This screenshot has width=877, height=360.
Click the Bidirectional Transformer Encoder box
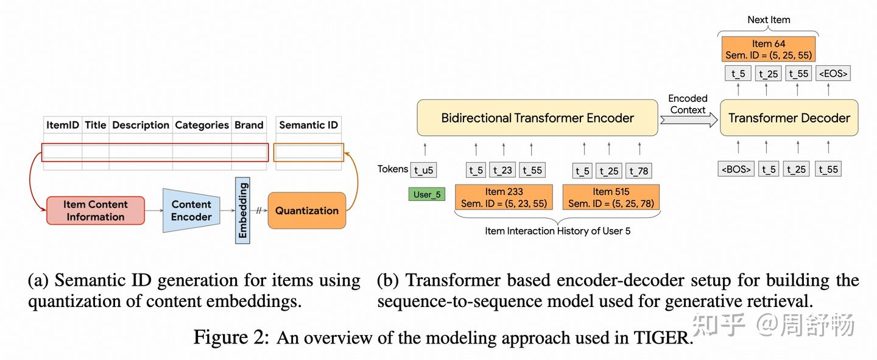click(x=537, y=118)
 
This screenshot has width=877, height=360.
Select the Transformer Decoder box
click(x=789, y=118)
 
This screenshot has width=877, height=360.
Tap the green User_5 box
click(x=426, y=195)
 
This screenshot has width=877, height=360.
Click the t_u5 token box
click(x=424, y=170)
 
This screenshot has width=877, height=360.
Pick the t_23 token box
click(x=503, y=171)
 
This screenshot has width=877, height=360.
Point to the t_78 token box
click(x=639, y=171)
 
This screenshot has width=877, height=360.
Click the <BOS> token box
click(x=736, y=169)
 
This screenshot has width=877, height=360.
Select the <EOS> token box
click(x=833, y=74)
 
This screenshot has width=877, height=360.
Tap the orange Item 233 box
click(x=504, y=197)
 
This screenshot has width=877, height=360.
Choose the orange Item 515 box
click(x=611, y=197)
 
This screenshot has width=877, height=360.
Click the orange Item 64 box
click(x=768, y=49)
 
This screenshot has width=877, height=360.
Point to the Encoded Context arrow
click(x=688, y=119)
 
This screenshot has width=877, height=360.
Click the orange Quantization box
click(x=306, y=211)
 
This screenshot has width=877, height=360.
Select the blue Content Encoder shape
click(x=191, y=211)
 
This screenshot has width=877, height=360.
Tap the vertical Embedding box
click(x=242, y=210)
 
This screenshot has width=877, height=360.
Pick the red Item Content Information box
click(x=96, y=211)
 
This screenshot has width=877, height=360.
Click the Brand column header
click(x=249, y=125)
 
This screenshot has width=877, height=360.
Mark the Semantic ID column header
click(x=308, y=125)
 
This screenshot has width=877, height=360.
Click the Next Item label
click(x=769, y=19)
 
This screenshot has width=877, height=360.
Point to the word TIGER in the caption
click(x=663, y=338)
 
